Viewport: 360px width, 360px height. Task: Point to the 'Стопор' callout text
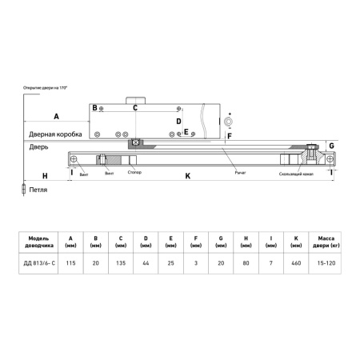(x=135, y=172)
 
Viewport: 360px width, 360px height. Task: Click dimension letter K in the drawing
(x=187, y=175)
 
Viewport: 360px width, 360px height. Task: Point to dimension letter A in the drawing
(x=56, y=116)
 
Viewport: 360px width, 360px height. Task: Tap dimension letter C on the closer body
(x=135, y=107)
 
